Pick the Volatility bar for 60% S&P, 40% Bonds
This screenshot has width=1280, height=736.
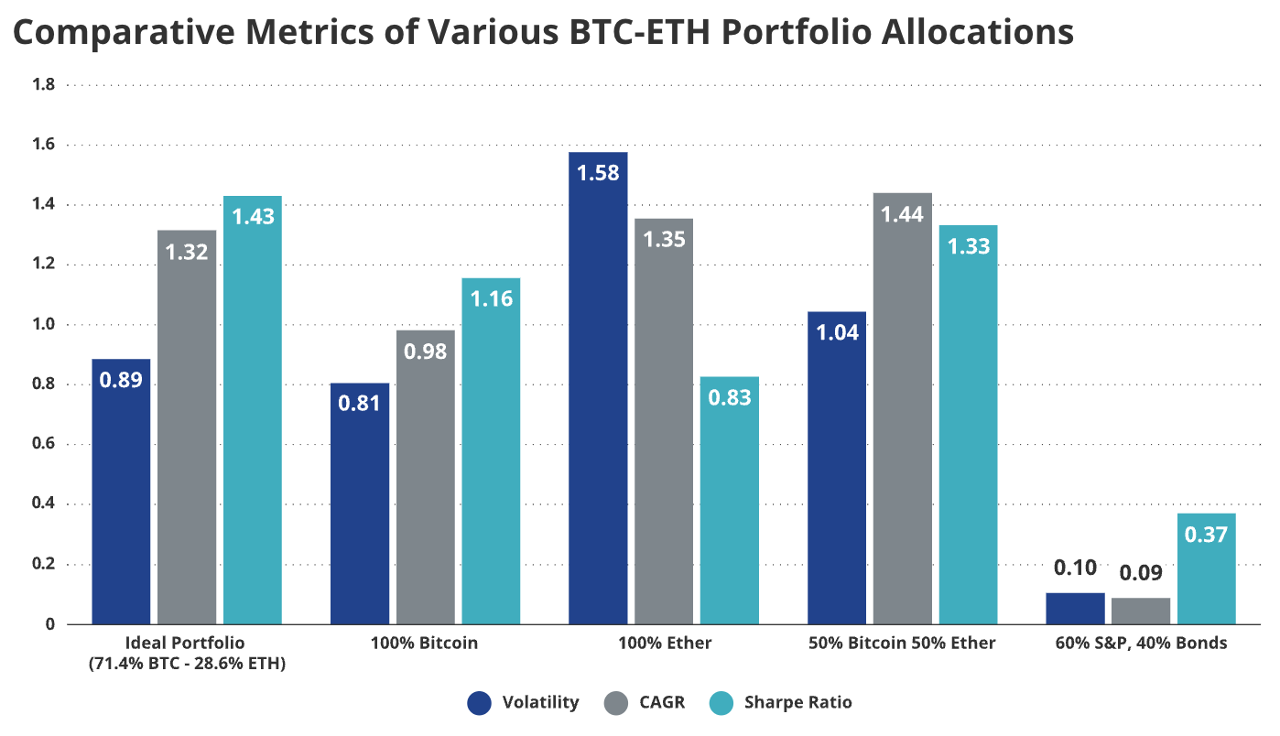pos(1075,608)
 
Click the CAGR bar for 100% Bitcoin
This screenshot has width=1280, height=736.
pos(425,477)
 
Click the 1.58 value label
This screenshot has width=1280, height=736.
pos(598,172)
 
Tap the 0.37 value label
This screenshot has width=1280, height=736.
pos(1206,535)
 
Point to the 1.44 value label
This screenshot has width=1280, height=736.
pos(903,214)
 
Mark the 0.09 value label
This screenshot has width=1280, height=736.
pos(1140,574)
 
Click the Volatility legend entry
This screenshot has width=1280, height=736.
pos(523,703)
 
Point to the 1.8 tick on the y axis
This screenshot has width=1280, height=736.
pos(45,85)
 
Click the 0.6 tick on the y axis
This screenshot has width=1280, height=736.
pos(45,445)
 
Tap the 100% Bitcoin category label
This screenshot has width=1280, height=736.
pos(424,644)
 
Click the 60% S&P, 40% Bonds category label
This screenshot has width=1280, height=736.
pos(1140,644)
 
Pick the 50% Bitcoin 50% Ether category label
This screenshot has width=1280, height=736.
pos(902,644)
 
